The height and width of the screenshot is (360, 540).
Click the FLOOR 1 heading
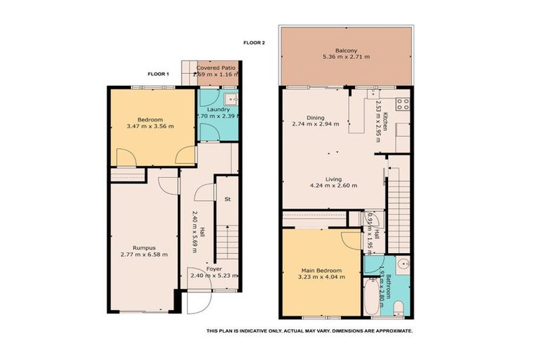(x=158, y=73)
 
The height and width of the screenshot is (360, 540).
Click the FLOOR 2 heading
(x=254, y=43)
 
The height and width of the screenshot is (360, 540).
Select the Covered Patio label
(x=217, y=67)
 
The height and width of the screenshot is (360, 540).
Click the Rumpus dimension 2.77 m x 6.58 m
(x=143, y=254)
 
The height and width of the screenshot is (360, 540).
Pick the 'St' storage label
(x=228, y=200)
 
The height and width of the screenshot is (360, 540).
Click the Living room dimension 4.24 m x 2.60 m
(x=334, y=186)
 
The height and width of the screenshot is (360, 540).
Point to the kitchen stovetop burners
(x=404, y=105)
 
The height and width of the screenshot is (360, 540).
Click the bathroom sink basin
(x=399, y=266)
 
